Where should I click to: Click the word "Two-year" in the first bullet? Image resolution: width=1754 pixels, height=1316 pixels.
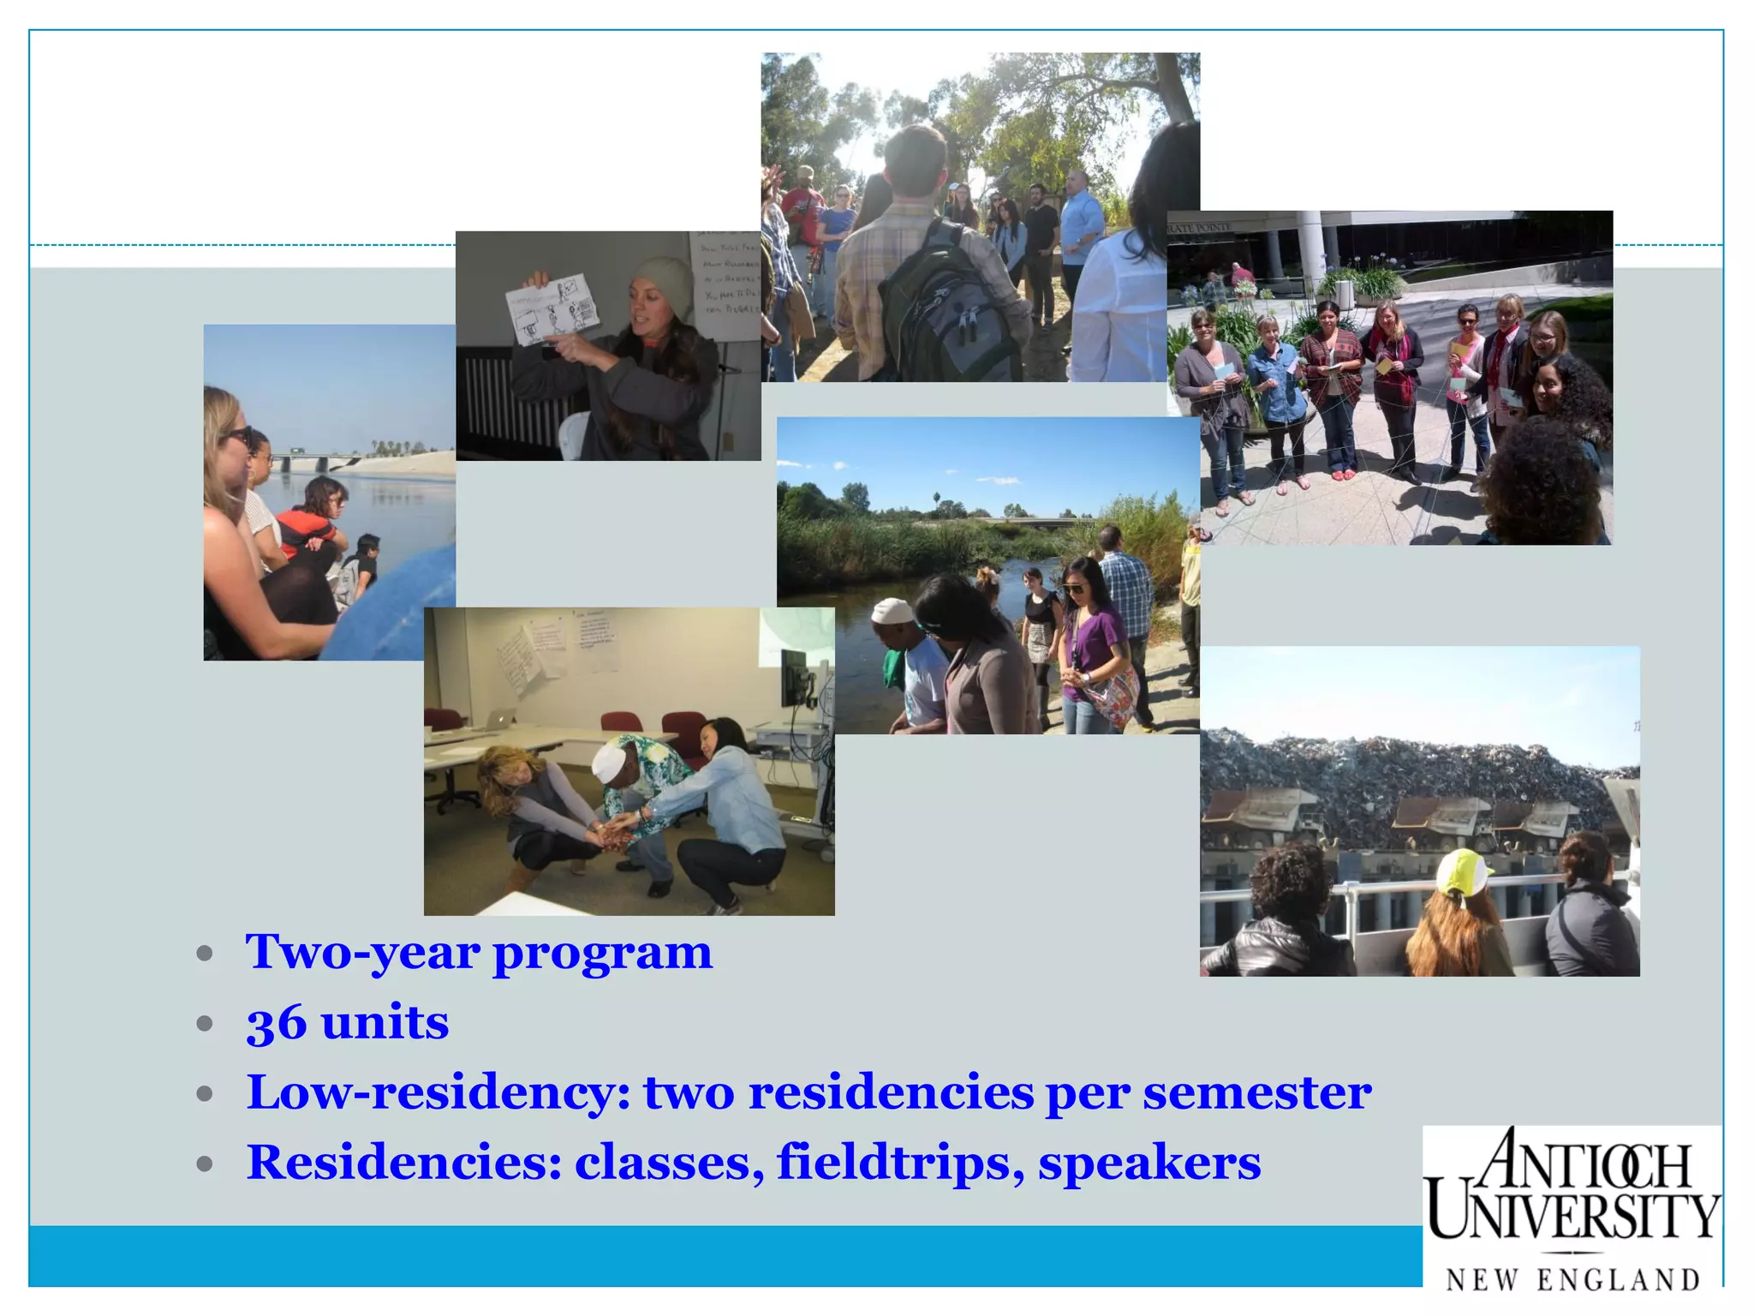tap(362, 953)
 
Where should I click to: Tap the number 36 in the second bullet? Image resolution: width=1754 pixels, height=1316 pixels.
tap(276, 1023)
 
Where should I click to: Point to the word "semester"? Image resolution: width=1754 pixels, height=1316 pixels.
tap(1256, 1093)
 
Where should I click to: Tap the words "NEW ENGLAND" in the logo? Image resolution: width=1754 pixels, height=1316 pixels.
tap(1572, 1280)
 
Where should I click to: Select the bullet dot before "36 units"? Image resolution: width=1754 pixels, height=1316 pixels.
tap(204, 1024)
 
